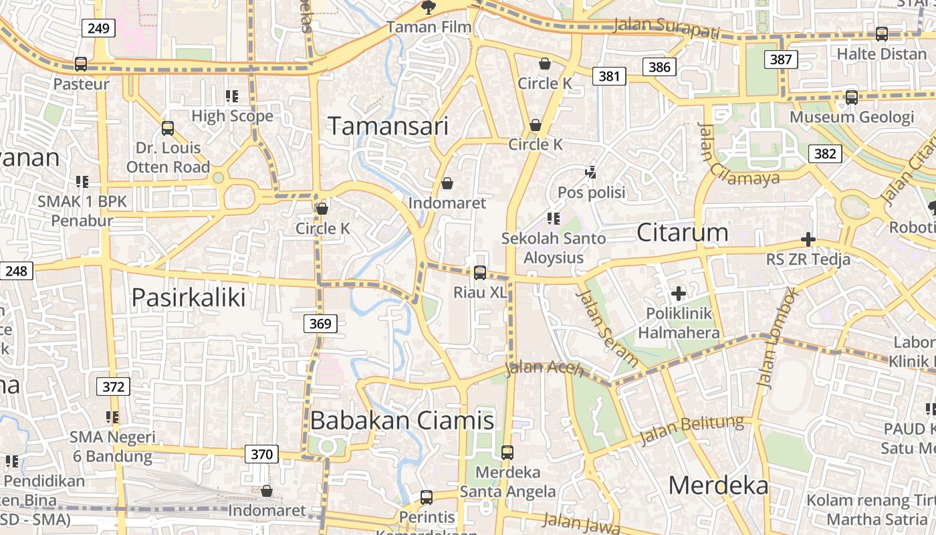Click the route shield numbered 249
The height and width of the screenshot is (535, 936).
coord(99,28)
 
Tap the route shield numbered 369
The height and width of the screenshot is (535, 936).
coord(320,324)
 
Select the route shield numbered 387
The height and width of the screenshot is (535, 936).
coord(781,60)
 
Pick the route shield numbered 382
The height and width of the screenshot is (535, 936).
coord(825,154)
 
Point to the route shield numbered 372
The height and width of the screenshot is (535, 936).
coord(114,387)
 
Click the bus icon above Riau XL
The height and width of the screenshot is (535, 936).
coord(480,272)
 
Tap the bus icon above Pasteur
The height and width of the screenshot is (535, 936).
coord(81,64)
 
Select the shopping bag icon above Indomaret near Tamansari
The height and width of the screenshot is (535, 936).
coord(447,183)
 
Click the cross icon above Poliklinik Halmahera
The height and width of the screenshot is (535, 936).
coord(679,293)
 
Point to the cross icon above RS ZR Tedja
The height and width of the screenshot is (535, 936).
coord(808,239)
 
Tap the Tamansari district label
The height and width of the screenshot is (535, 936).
coord(388,126)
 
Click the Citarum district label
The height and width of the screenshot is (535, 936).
coord(682,233)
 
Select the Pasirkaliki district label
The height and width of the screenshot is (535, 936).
coord(189,297)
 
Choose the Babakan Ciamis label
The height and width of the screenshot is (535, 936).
coord(402,421)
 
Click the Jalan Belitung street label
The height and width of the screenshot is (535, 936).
coord(692,430)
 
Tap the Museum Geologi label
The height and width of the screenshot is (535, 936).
coord(851,117)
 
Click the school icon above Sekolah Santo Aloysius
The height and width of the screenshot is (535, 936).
coord(553,218)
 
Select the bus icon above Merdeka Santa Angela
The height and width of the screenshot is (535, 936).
coord(507,453)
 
